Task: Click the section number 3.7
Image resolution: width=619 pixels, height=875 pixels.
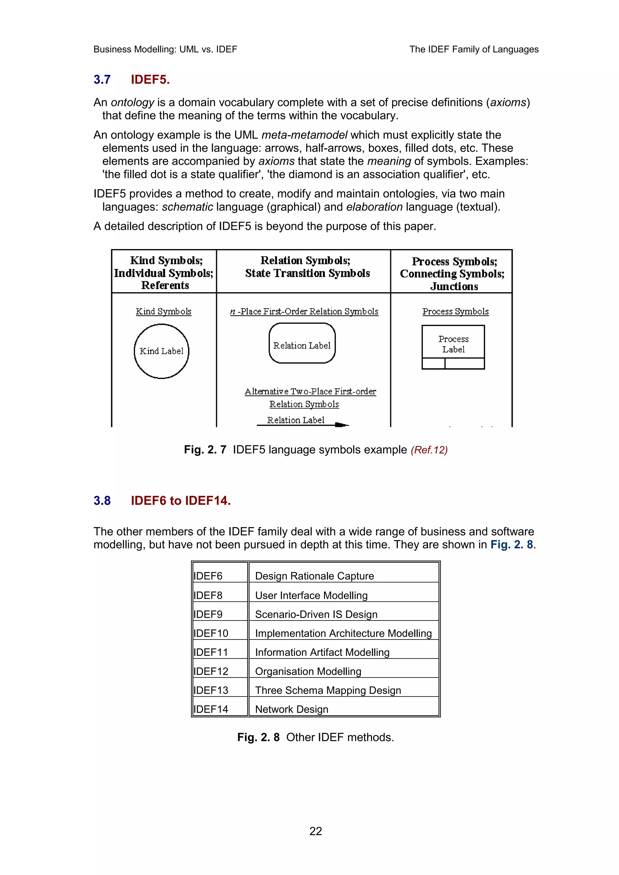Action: pyautogui.click(x=102, y=80)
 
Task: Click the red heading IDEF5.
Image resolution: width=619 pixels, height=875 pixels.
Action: pyautogui.click(x=150, y=80)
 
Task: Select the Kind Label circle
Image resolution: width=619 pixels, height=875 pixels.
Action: pyautogui.click(x=161, y=351)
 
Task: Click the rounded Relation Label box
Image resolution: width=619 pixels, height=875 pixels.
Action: pyautogui.click(x=302, y=343)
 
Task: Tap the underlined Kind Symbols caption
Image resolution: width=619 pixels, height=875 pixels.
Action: pyautogui.click(x=163, y=311)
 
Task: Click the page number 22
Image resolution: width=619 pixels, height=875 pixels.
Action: pyautogui.click(x=316, y=831)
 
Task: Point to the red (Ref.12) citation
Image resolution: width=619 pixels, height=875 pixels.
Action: pyautogui.click(x=429, y=450)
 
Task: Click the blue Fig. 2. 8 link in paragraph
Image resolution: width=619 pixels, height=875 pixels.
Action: pyautogui.click(x=511, y=545)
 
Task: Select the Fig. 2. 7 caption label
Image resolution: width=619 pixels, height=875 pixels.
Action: pyautogui.click(x=205, y=450)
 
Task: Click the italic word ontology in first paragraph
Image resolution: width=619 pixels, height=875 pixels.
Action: pyautogui.click(x=132, y=103)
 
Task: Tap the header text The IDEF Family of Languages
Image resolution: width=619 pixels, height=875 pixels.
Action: pyautogui.click(x=474, y=50)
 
